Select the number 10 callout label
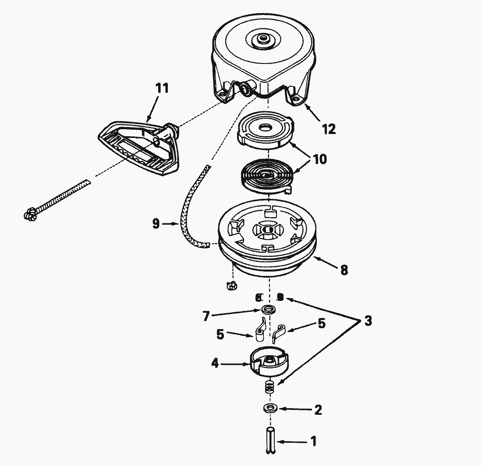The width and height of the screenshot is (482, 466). tap(320, 159)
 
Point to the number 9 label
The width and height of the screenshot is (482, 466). tap(156, 224)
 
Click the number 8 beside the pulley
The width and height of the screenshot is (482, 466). tap(344, 270)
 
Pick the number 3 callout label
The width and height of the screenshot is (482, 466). tap(368, 321)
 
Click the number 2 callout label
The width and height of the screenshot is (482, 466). tap(318, 410)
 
